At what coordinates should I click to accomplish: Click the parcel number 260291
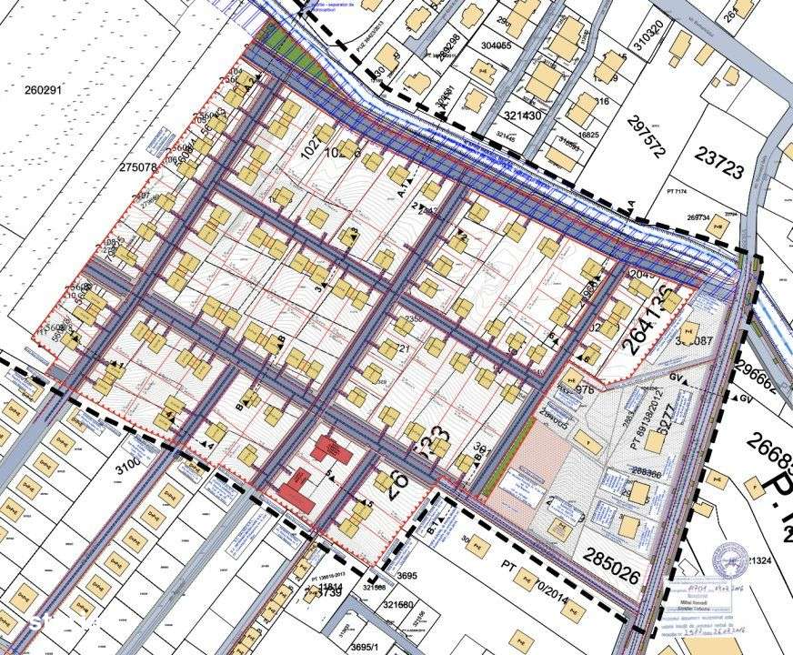(x=43, y=89)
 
